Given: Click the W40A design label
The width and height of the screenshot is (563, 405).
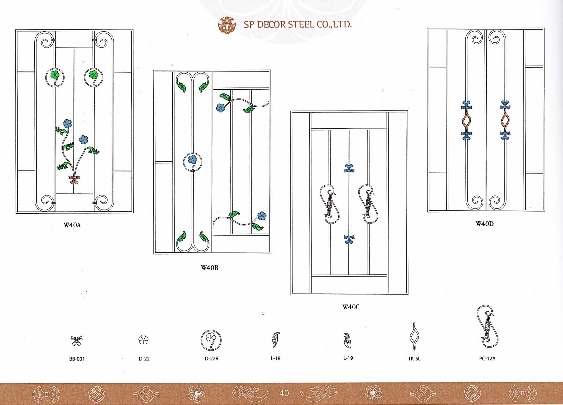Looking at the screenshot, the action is (x=72, y=225).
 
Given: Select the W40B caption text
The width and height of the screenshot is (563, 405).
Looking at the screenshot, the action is (x=209, y=268).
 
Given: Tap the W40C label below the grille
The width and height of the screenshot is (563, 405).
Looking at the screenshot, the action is (x=351, y=307).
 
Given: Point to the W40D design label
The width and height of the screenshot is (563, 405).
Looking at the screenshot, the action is (x=485, y=224).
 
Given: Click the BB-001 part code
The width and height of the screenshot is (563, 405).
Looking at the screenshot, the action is (x=77, y=359).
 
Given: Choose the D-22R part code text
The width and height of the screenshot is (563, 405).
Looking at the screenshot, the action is (x=211, y=359).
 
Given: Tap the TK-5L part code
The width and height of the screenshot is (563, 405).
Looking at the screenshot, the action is (x=414, y=359).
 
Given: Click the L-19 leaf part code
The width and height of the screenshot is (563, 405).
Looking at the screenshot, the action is (x=348, y=358).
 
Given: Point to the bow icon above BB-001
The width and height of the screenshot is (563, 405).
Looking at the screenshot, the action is (x=76, y=341).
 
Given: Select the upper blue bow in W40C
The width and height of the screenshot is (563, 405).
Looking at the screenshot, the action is (x=349, y=169).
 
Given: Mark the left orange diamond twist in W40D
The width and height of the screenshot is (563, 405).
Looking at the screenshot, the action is (x=467, y=120).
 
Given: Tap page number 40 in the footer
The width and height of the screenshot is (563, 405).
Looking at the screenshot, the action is (x=284, y=393).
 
